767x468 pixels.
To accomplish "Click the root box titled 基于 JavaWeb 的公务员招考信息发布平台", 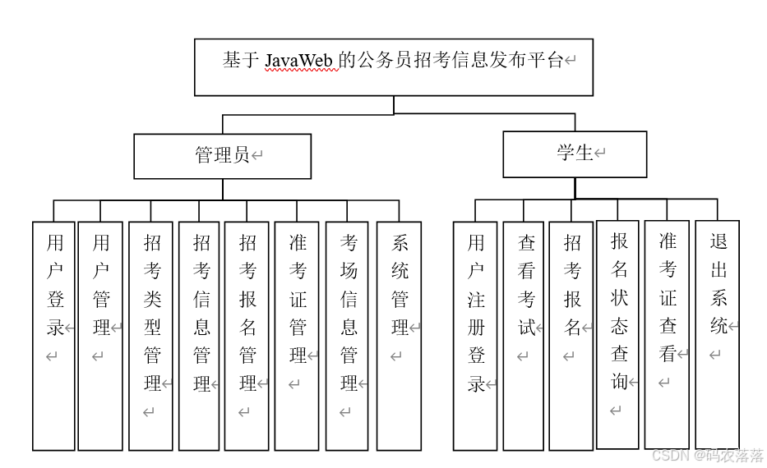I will tap(393, 67).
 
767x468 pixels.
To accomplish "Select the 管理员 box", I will tap(222, 156).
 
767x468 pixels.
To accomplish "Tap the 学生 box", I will tap(575, 154).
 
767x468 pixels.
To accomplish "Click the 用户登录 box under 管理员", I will tap(54, 335).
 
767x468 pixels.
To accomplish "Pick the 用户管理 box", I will tap(100, 335).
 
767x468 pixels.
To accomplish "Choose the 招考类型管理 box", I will tap(151, 335).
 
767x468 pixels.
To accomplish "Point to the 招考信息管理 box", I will tap(200, 335).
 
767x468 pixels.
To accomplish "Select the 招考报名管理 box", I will tap(247, 335).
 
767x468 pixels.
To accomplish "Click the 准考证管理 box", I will tap(297, 335).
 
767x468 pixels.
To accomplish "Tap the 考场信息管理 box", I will tap(348, 335).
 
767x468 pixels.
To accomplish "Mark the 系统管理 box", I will tap(399, 335).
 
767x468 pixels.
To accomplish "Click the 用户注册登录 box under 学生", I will tap(475, 335).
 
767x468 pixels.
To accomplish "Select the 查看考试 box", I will tap(524, 335).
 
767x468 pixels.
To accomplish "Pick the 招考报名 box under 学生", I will tap(571, 335).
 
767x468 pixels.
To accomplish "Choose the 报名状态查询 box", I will tap(617, 334).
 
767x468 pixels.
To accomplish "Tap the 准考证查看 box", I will tap(667, 334).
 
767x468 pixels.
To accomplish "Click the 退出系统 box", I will tap(717, 334).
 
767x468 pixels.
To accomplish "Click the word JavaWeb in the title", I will tap(302, 61).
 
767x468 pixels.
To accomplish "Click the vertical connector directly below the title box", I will tap(394, 104).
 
